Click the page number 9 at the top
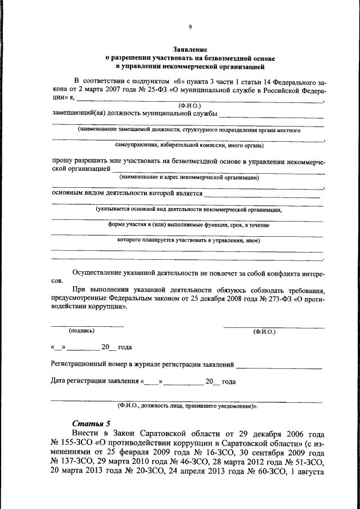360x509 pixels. coord(190,27)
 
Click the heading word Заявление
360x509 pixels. coord(190,49)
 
